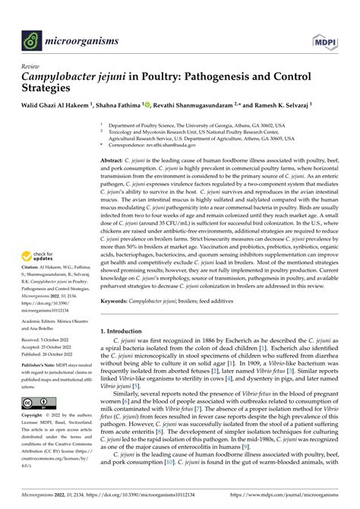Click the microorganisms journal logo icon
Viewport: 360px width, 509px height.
(x=30, y=36)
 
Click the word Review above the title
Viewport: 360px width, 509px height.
(x=31, y=66)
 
